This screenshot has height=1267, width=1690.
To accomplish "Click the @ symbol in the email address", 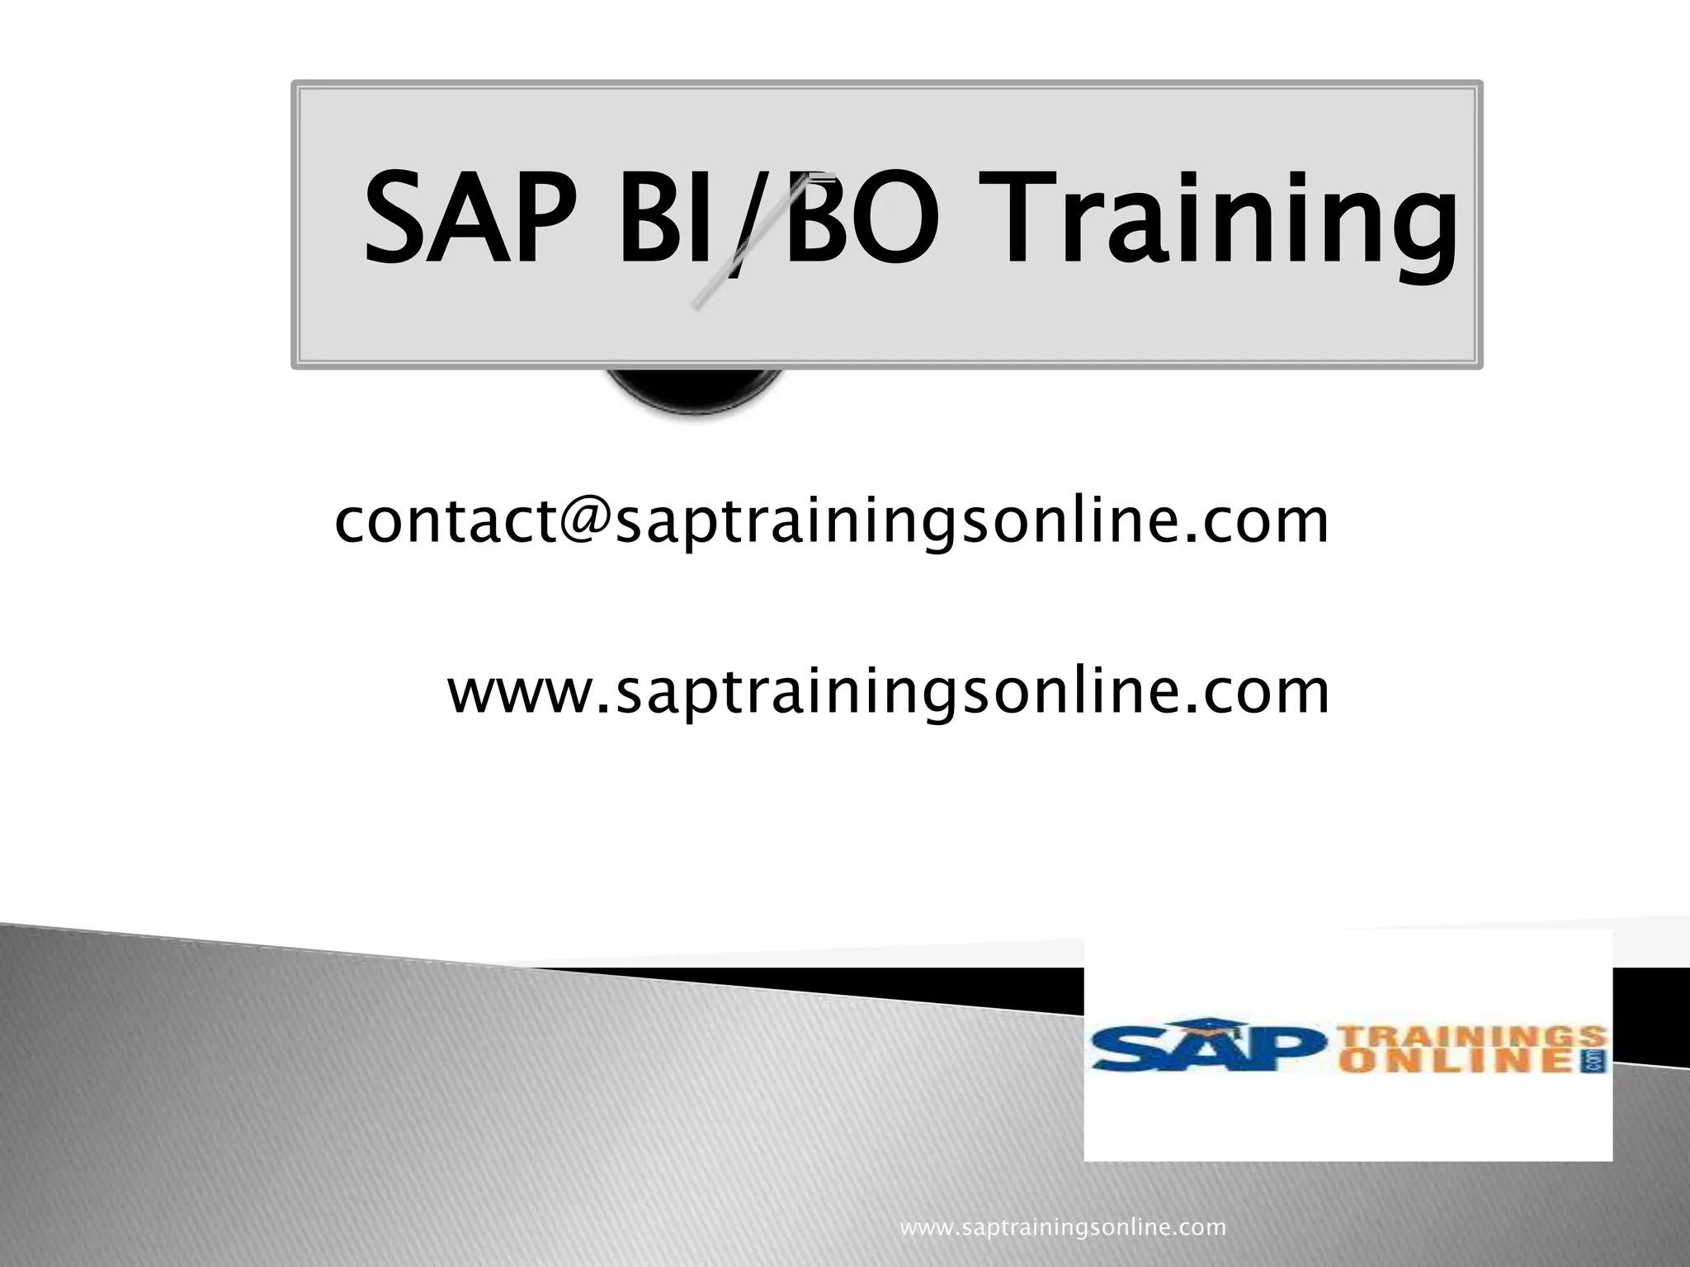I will (x=585, y=520).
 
